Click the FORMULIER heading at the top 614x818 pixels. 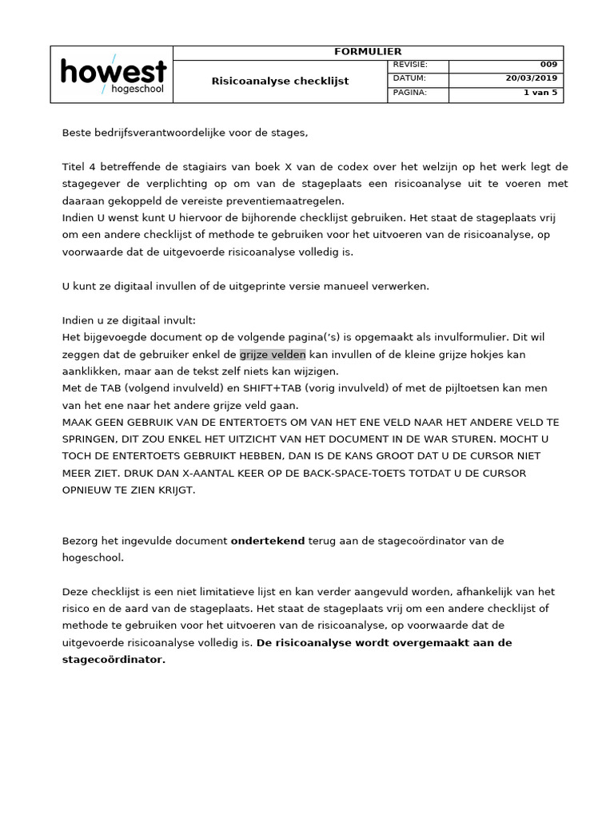click(368, 52)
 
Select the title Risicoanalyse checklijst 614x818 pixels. click(280, 81)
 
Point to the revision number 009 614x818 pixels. click(549, 65)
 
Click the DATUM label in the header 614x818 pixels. click(409, 78)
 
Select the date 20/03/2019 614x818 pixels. click(532, 78)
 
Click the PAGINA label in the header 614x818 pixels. click(410, 93)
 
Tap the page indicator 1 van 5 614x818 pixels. click(540, 93)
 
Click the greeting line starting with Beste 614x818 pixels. click(185, 133)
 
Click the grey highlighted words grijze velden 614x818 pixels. click(273, 354)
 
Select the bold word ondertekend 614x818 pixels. click(268, 541)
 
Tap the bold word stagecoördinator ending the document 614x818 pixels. click(114, 660)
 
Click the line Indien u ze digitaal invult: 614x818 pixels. click(129, 320)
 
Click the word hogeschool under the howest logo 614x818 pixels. click(137, 89)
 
